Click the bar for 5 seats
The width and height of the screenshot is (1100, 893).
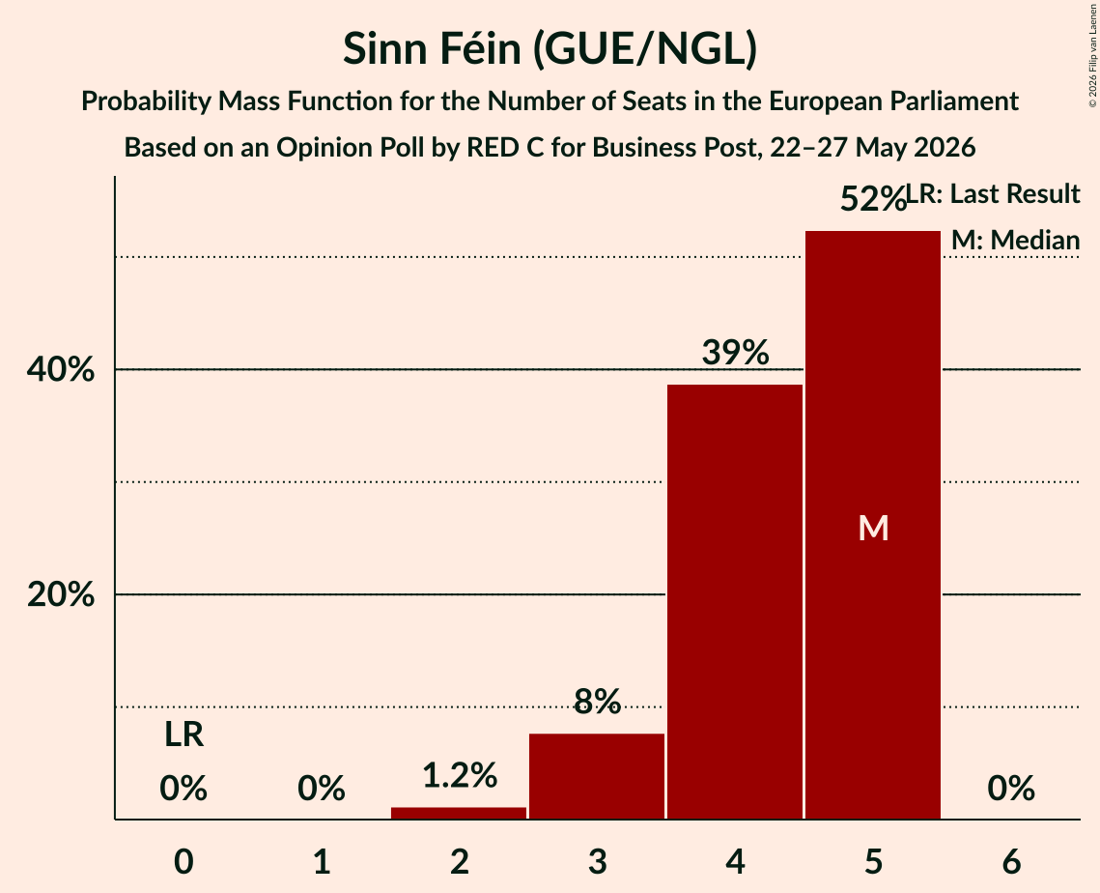tap(873, 525)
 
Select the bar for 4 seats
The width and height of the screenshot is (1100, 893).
tap(735, 602)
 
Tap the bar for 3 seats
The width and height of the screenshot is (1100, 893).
tap(597, 776)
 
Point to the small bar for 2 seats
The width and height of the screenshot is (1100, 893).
tap(459, 813)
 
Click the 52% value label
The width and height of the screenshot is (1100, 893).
tap(873, 199)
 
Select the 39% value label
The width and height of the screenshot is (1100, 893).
tap(735, 352)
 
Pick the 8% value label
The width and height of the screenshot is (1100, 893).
tap(597, 701)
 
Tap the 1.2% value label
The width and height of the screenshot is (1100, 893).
tap(460, 775)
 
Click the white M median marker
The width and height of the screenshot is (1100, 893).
tap(873, 528)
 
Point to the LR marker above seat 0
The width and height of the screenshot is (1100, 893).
tap(183, 735)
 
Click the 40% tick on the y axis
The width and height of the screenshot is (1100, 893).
tap(60, 369)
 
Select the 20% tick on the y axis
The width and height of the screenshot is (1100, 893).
tap(60, 594)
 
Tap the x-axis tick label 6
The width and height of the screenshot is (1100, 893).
tap(1011, 861)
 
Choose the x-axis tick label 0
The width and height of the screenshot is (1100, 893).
tap(183, 861)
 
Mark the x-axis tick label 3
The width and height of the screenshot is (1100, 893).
tap(597, 861)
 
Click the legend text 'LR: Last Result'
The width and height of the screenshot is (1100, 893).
tap(993, 193)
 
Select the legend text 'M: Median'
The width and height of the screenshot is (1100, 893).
tap(1015, 240)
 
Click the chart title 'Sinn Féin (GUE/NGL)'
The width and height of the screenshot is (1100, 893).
tap(550, 48)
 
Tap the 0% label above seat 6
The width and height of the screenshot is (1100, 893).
tap(1011, 789)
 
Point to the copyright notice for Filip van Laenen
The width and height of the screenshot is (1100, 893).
tap(1092, 55)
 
